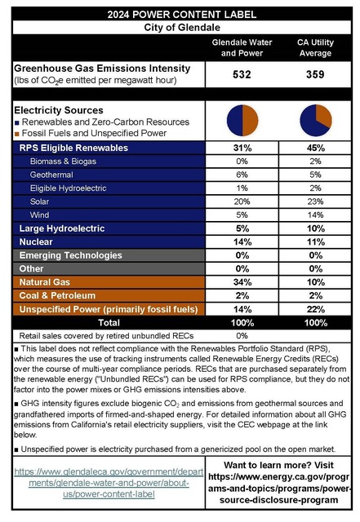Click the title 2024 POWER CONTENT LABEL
tap(180, 14)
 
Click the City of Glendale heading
tap(180, 27)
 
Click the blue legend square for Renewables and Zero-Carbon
tap(17, 122)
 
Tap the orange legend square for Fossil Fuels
tap(17, 133)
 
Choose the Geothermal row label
tap(51, 175)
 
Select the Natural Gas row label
tap(47, 281)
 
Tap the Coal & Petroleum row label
tap(57, 295)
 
